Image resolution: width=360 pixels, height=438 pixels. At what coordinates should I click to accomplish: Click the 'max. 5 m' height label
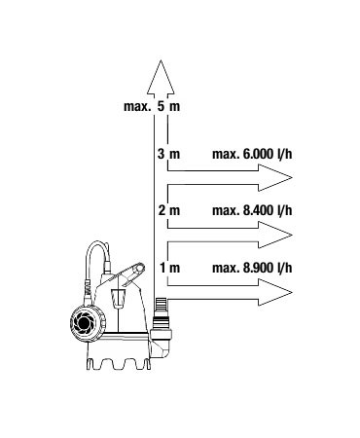(x=152, y=106)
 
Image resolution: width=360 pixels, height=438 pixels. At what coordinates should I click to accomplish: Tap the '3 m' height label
(x=168, y=154)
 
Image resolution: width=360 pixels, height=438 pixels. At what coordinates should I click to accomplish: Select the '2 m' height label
(x=168, y=211)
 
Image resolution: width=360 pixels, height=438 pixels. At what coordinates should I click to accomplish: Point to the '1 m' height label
(x=169, y=268)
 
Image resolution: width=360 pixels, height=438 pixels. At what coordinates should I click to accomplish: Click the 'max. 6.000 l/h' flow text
(x=252, y=154)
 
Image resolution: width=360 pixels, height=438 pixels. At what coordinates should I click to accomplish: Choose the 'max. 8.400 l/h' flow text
(x=252, y=211)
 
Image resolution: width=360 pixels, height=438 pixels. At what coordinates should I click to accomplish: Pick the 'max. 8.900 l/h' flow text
(x=252, y=268)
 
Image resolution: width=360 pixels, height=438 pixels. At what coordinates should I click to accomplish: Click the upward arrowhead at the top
(x=161, y=78)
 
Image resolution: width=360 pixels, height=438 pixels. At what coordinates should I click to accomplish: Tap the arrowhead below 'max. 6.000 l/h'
(x=275, y=177)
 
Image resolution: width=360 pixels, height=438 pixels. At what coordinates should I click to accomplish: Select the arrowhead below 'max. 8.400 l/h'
(x=275, y=235)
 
